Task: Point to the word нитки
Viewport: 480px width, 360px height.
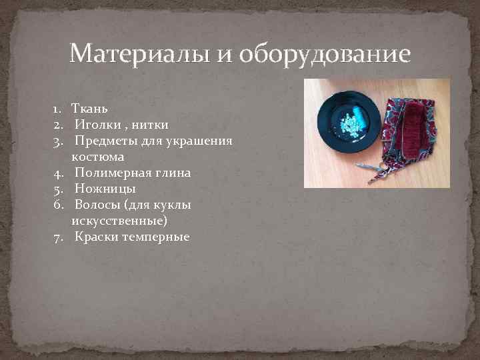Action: coord(150,125)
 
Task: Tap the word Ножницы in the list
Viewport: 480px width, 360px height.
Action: coord(105,189)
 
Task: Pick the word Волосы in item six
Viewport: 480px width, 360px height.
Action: coord(99,205)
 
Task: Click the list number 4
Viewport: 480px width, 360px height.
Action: coord(58,173)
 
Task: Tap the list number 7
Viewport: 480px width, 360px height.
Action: coord(58,237)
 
